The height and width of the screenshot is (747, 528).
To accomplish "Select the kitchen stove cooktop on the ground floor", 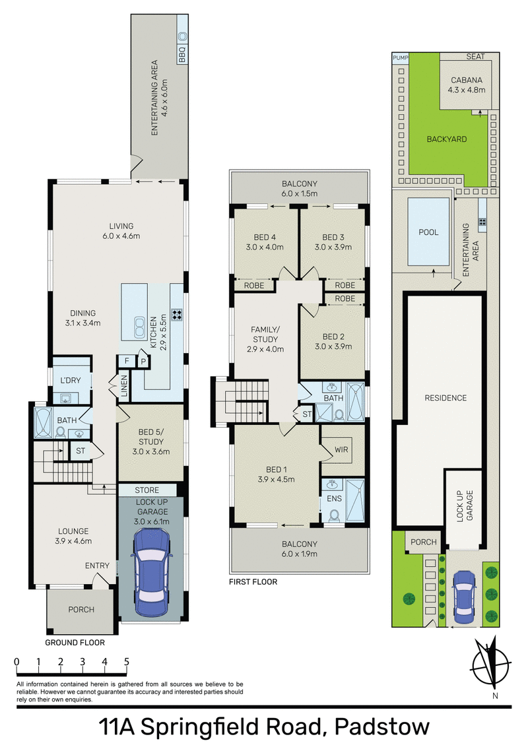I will coord(176,315).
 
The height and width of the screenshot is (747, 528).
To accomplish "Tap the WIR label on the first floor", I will coord(342,449).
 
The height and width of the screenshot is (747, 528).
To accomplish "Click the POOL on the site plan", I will coord(429,232).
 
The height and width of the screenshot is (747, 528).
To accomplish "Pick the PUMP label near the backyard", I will coord(401,58).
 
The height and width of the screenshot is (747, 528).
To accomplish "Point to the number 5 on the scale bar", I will coord(125,661).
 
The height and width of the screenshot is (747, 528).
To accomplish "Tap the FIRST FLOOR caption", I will coord(253,582).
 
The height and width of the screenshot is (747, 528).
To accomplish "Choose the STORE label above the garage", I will coord(147,490).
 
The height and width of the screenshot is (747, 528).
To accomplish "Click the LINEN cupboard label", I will coord(123,387).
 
